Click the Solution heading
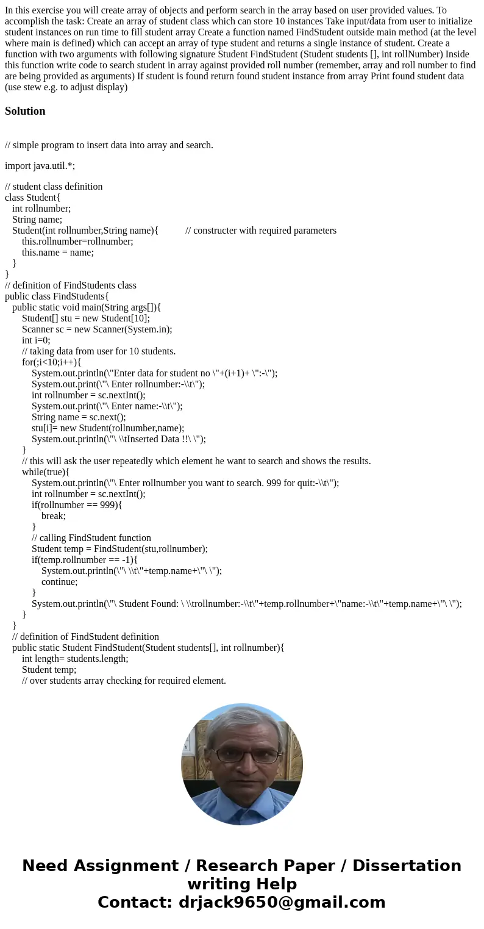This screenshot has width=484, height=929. click(25, 111)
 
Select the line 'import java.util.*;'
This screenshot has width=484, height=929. click(40, 166)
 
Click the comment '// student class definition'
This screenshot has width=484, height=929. click(54, 187)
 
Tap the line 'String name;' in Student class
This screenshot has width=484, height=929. click(37, 220)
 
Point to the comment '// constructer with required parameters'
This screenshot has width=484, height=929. click(261, 231)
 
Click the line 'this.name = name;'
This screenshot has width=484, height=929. click(58, 253)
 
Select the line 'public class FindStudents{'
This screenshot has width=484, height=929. click(57, 296)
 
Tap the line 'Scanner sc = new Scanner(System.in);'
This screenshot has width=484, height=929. click(97, 329)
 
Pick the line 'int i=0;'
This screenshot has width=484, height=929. click(36, 340)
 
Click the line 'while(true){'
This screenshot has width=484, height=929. click(46, 472)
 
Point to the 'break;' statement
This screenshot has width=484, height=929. click(54, 516)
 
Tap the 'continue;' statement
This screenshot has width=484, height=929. click(60, 582)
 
